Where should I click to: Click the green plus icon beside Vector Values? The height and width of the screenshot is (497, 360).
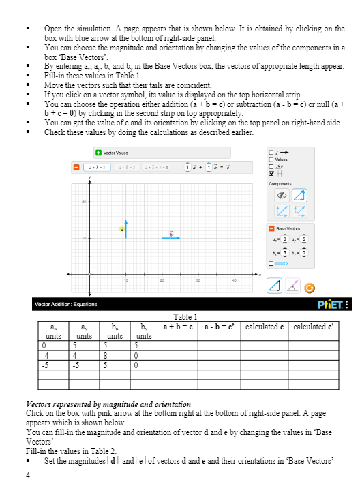[x=99, y=151]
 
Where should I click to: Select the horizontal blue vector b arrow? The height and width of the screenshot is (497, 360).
[x=170, y=238]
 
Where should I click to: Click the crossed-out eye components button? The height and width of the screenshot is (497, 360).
[x=280, y=194]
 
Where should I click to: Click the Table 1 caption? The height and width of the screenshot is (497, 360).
[x=185, y=317]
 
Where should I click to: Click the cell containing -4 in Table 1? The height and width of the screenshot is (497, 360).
[x=44, y=355]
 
